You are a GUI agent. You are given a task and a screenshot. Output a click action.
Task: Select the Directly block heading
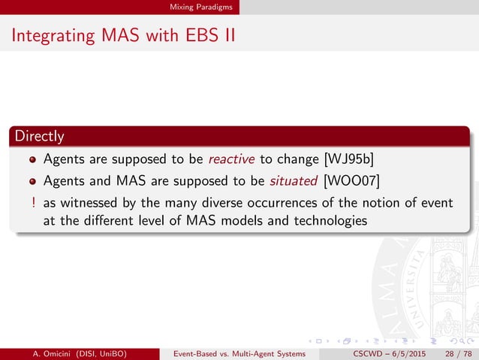click(x=37, y=137)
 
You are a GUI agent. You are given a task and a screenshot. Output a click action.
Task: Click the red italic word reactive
click(x=233, y=159)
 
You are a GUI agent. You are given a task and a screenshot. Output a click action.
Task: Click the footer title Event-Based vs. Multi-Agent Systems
click(x=239, y=352)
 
